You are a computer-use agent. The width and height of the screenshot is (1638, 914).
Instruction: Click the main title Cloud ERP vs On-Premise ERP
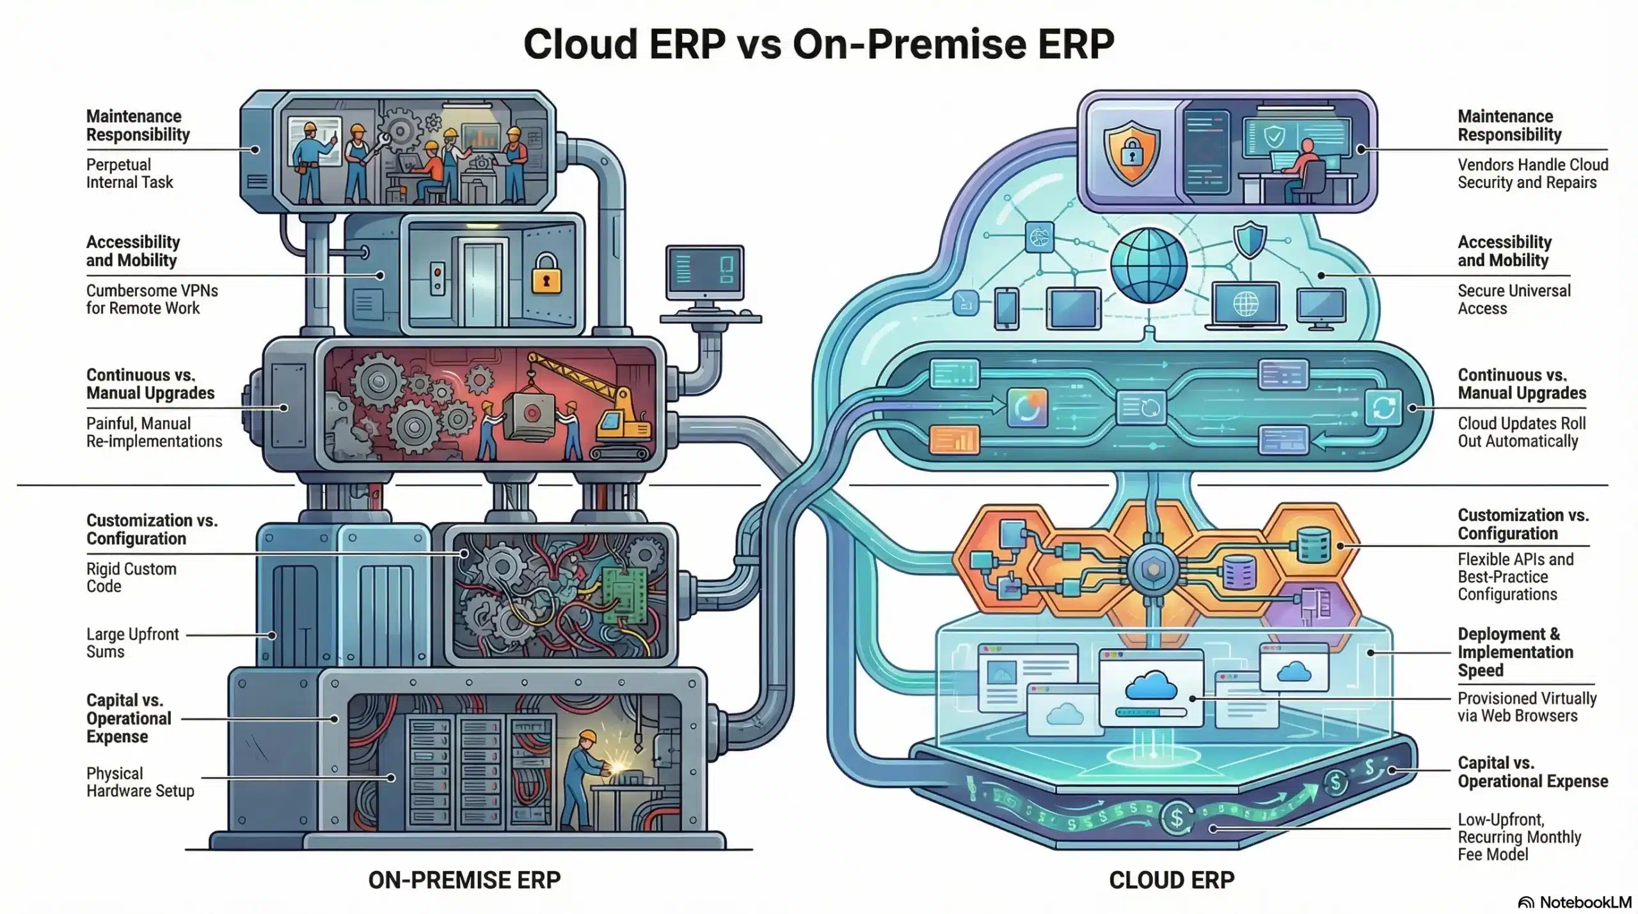818,43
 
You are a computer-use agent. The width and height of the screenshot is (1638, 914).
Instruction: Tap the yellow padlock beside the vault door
546,275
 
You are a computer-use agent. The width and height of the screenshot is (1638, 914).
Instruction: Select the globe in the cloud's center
1149,265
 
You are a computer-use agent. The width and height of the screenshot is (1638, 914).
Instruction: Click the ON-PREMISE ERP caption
464,880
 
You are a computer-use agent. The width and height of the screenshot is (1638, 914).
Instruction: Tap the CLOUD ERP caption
1172,880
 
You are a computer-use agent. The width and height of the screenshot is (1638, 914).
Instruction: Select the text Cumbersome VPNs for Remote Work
152,299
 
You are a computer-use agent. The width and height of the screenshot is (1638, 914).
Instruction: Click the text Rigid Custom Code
131,578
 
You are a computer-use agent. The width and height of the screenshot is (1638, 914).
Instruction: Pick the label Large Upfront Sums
132,643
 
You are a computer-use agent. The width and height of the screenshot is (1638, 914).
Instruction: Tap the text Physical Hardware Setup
140,782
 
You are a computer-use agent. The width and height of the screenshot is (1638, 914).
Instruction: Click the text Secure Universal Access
1514,299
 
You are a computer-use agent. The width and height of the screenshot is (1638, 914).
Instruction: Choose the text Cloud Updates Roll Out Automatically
1522,432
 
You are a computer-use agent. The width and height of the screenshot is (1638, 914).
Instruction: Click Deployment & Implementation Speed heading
1515,652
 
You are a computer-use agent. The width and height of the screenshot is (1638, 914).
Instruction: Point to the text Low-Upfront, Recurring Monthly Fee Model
1519,837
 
